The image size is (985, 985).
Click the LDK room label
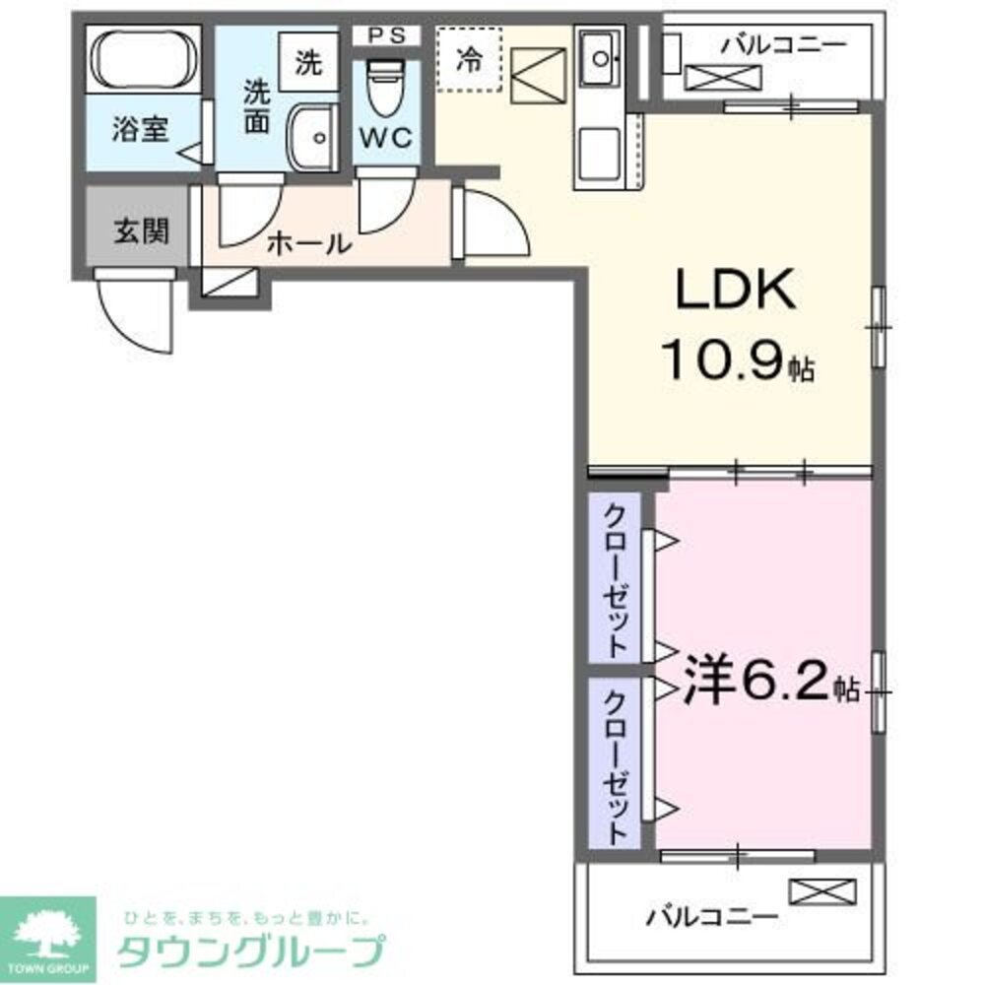pyautogui.click(x=733, y=292)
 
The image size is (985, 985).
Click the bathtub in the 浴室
pyautogui.click(x=143, y=59)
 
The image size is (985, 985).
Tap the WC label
pyautogui.click(x=386, y=139)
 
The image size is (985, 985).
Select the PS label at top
pyautogui.click(x=386, y=35)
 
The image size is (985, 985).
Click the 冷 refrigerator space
pyautogui.click(x=469, y=59)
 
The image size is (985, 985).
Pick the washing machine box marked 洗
pyautogui.click(x=308, y=64)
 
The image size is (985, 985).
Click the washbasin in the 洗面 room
pyautogui.click(x=314, y=139)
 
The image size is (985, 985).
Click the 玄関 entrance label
pyautogui.click(x=141, y=230)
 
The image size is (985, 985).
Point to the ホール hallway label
pyautogui.click(x=308, y=243)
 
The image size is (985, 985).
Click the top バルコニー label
pyautogui.click(x=783, y=44)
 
